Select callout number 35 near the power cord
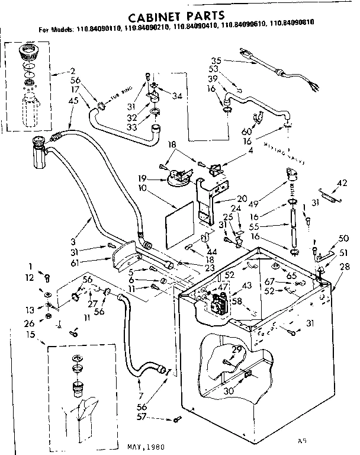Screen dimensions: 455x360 pos(216,60)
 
